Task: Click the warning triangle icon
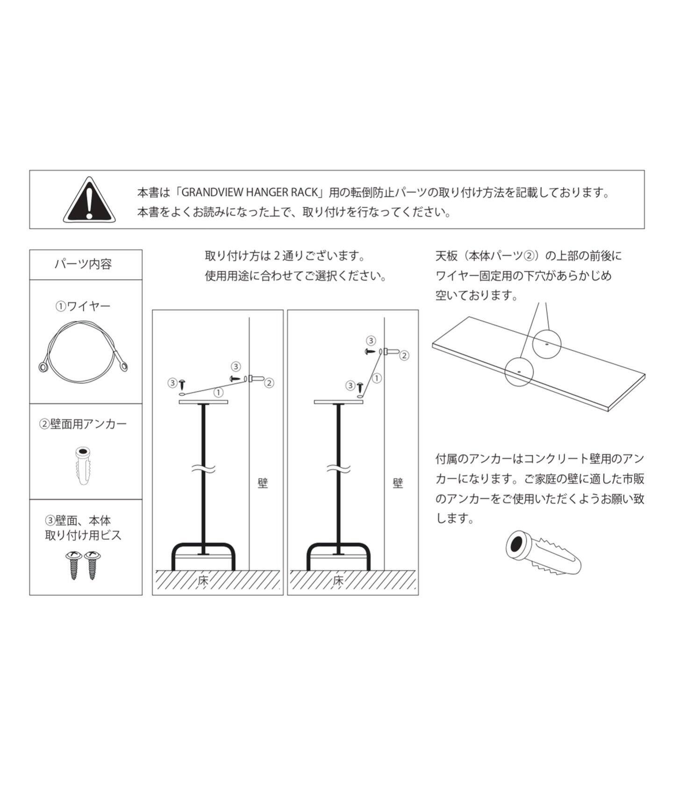pyautogui.click(x=89, y=200)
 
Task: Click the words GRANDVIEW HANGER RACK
pyautogui.click(x=249, y=192)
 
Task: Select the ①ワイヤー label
pyautogui.click(x=83, y=306)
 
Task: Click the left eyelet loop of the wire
pyautogui.click(x=43, y=368)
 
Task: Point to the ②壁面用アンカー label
pyautogui.click(x=83, y=424)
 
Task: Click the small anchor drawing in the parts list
pyautogui.click(x=82, y=466)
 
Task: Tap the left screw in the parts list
pyautogui.click(x=74, y=564)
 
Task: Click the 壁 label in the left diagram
pyautogui.click(x=263, y=483)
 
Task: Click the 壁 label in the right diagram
pyautogui.click(x=398, y=483)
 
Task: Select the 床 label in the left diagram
pyautogui.click(x=203, y=581)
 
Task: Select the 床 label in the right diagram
pyautogui.click(x=338, y=581)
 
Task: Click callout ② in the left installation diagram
pyautogui.click(x=269, y=383)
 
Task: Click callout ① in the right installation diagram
pyautogui.click(x=376, y=378)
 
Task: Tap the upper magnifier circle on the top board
pyautogui.click(x=547, y=344)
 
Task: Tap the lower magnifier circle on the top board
pyautogui.click(x=519, y=371)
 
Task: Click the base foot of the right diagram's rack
pyautogui.click(x=339, y=556)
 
